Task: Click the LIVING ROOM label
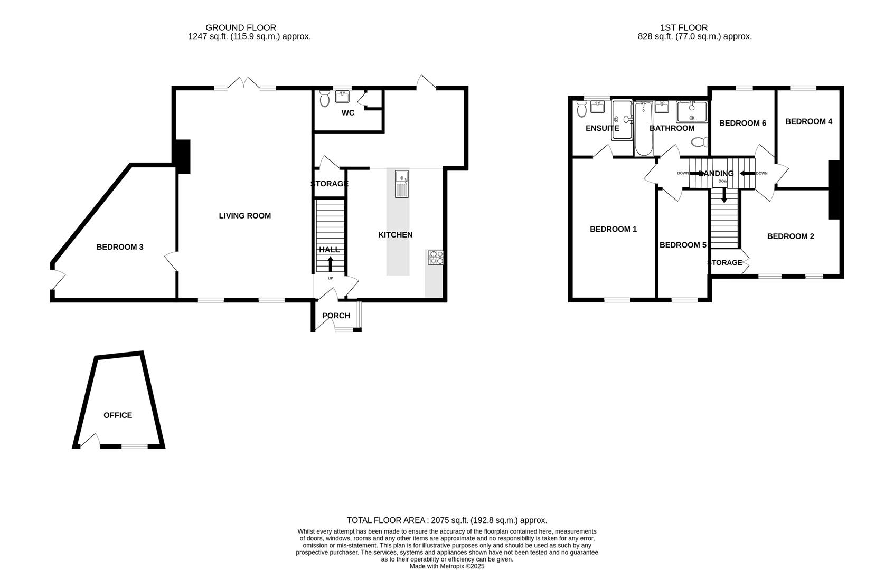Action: pyautogui.click(x=244, y=216)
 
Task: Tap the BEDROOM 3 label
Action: pyautogui.click(x=120, y=247)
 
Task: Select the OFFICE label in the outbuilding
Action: pyautogui.click(x=118, y=415)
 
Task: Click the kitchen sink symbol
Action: pyautogui.click(x=402, y=184)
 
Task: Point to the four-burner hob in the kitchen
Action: pyautogui.click(x=436, y=258)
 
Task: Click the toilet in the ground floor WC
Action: pyautogui.click(x=325, y=98)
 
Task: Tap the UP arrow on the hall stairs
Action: pyautogui.click(x=331, y=264)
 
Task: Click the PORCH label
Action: pyautogui.click(x=336, y=316)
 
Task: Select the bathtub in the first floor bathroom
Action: pyautogui.click(x=644, y=129)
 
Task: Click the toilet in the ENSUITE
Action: pyautogui.click(x=582, y=109)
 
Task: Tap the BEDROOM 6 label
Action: pyautogui.click(x=742, y=123)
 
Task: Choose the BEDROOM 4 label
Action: pyautogui.click(x=808, y=121)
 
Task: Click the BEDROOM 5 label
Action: pyautogui.click(x=683, y=245)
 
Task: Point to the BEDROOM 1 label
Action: pyautogui.click(x=613, y=229)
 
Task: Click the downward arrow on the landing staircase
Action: pyautogui.click(x=724, y=196)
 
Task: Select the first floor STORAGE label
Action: pyautogui.click(x=724, y=263)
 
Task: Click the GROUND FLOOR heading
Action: pyautogui.click(x=240, y=27)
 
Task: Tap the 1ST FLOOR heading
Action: pyautogui.click(x=683, y=27)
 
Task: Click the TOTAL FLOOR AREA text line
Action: pyautogui.click(x=447, y=520)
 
